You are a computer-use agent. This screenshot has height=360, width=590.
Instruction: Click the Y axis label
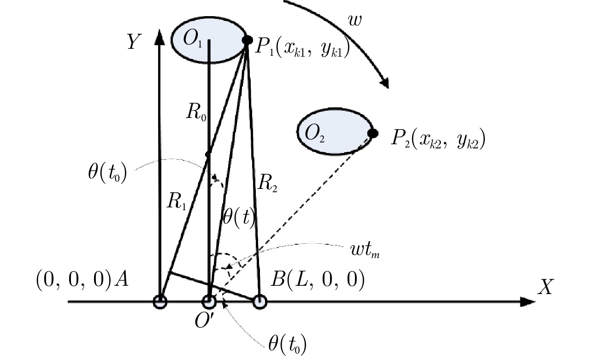coord(134,41)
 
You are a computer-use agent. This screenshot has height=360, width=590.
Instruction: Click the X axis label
coord(546,287)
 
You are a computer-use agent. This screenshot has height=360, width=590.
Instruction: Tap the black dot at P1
coord(248,40)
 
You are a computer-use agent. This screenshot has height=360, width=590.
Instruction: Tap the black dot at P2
coord(373,133)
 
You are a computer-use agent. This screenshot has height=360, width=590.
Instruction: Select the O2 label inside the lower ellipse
coord(314,134)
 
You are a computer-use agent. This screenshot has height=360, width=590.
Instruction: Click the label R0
coord(196,112)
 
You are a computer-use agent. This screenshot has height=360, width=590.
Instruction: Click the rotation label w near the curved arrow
coord(355,20)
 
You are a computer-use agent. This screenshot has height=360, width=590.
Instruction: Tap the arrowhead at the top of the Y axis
coord(159,37)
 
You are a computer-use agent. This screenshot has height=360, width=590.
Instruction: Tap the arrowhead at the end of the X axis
coord(528,302)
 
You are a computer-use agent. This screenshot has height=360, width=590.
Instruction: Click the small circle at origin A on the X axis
coord(160,302)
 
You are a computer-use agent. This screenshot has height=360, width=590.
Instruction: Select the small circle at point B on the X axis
coord(260,302)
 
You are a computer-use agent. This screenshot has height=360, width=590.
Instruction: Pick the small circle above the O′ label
coord(209,302)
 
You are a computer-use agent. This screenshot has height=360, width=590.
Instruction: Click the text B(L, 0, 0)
coord(318,280)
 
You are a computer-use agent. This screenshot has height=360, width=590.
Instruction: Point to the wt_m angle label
coord(365,250)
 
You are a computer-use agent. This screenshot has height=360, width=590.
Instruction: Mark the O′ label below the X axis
coord(205,320)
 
